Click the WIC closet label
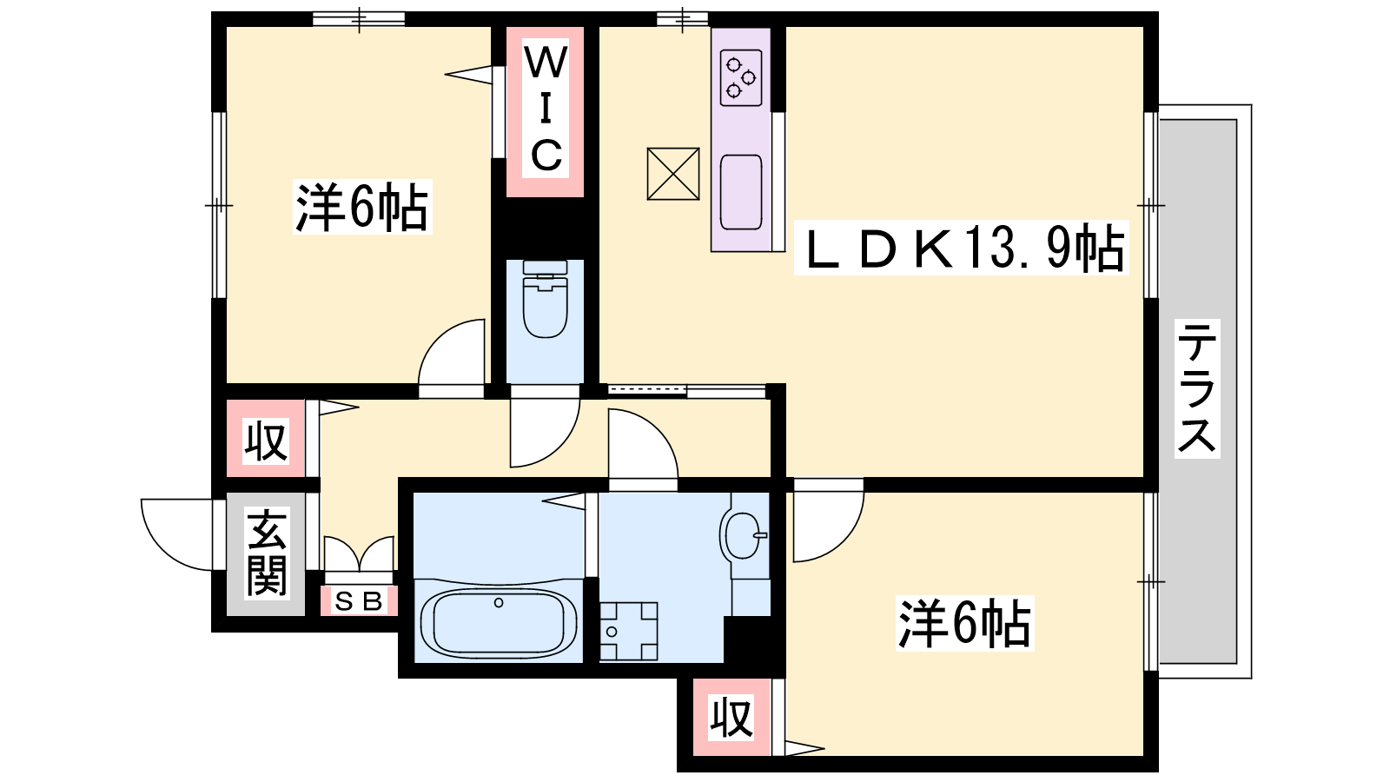546,109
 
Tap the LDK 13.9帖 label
962,248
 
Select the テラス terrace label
1197,388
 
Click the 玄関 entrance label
266,553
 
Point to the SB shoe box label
359,600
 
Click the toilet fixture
545,299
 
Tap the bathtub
499,623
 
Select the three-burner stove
741,77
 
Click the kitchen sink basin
741,192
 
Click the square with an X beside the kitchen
672,174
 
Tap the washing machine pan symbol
628,631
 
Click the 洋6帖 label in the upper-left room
361,208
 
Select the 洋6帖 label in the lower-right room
964,623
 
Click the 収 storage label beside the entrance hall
266,441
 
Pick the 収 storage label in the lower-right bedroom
731,719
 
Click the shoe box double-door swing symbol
359,553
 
